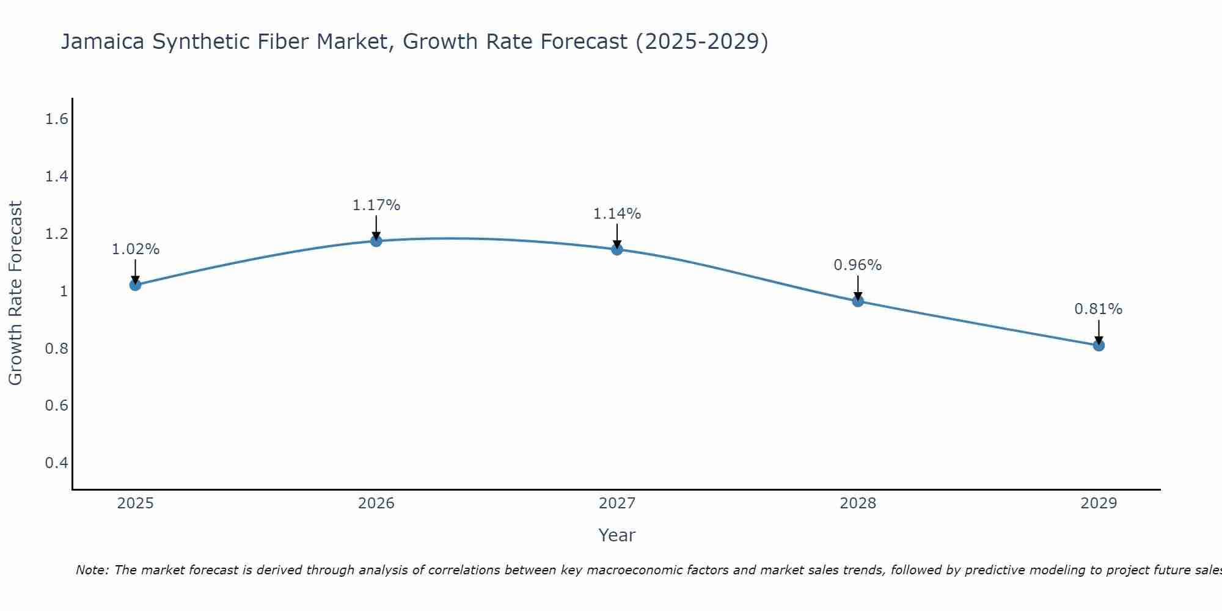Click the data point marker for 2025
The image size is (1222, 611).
coord(136,285)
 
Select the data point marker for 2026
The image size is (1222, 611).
coord(376,241)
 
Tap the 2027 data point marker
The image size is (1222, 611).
coord(617,249)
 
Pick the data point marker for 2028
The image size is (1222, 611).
coord(858,301)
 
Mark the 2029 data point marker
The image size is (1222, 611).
coord(1099,345)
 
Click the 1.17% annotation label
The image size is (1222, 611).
coord(376,205)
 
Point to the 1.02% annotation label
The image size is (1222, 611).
coord(136,249)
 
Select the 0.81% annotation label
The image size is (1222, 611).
coord(1099,309)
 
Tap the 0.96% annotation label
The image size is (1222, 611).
coord(858,265)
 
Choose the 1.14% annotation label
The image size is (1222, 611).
coord(617,214)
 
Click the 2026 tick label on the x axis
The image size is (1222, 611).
coord(376,503)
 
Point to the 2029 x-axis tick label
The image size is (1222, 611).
coord(1099,503)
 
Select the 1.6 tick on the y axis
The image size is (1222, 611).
coord(57,119)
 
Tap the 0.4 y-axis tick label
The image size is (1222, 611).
coord(57,463)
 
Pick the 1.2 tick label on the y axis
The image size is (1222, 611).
coord(57,234)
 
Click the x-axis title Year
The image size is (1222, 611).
coord(617,535)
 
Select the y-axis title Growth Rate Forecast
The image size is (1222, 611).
coord(15,293)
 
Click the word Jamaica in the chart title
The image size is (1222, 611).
coord(103,42)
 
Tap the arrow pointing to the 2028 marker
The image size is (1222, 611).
coord(858,287)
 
